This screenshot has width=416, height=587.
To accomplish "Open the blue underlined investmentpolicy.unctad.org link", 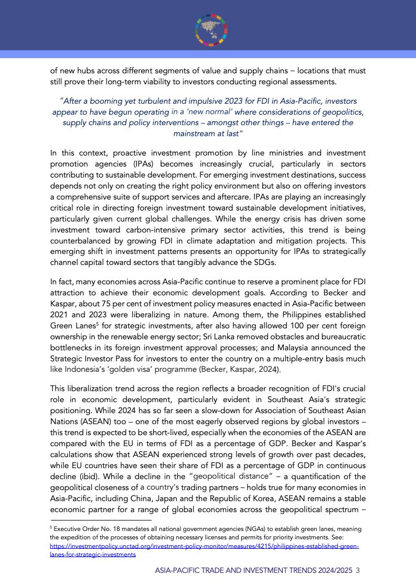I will coord(205,546).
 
